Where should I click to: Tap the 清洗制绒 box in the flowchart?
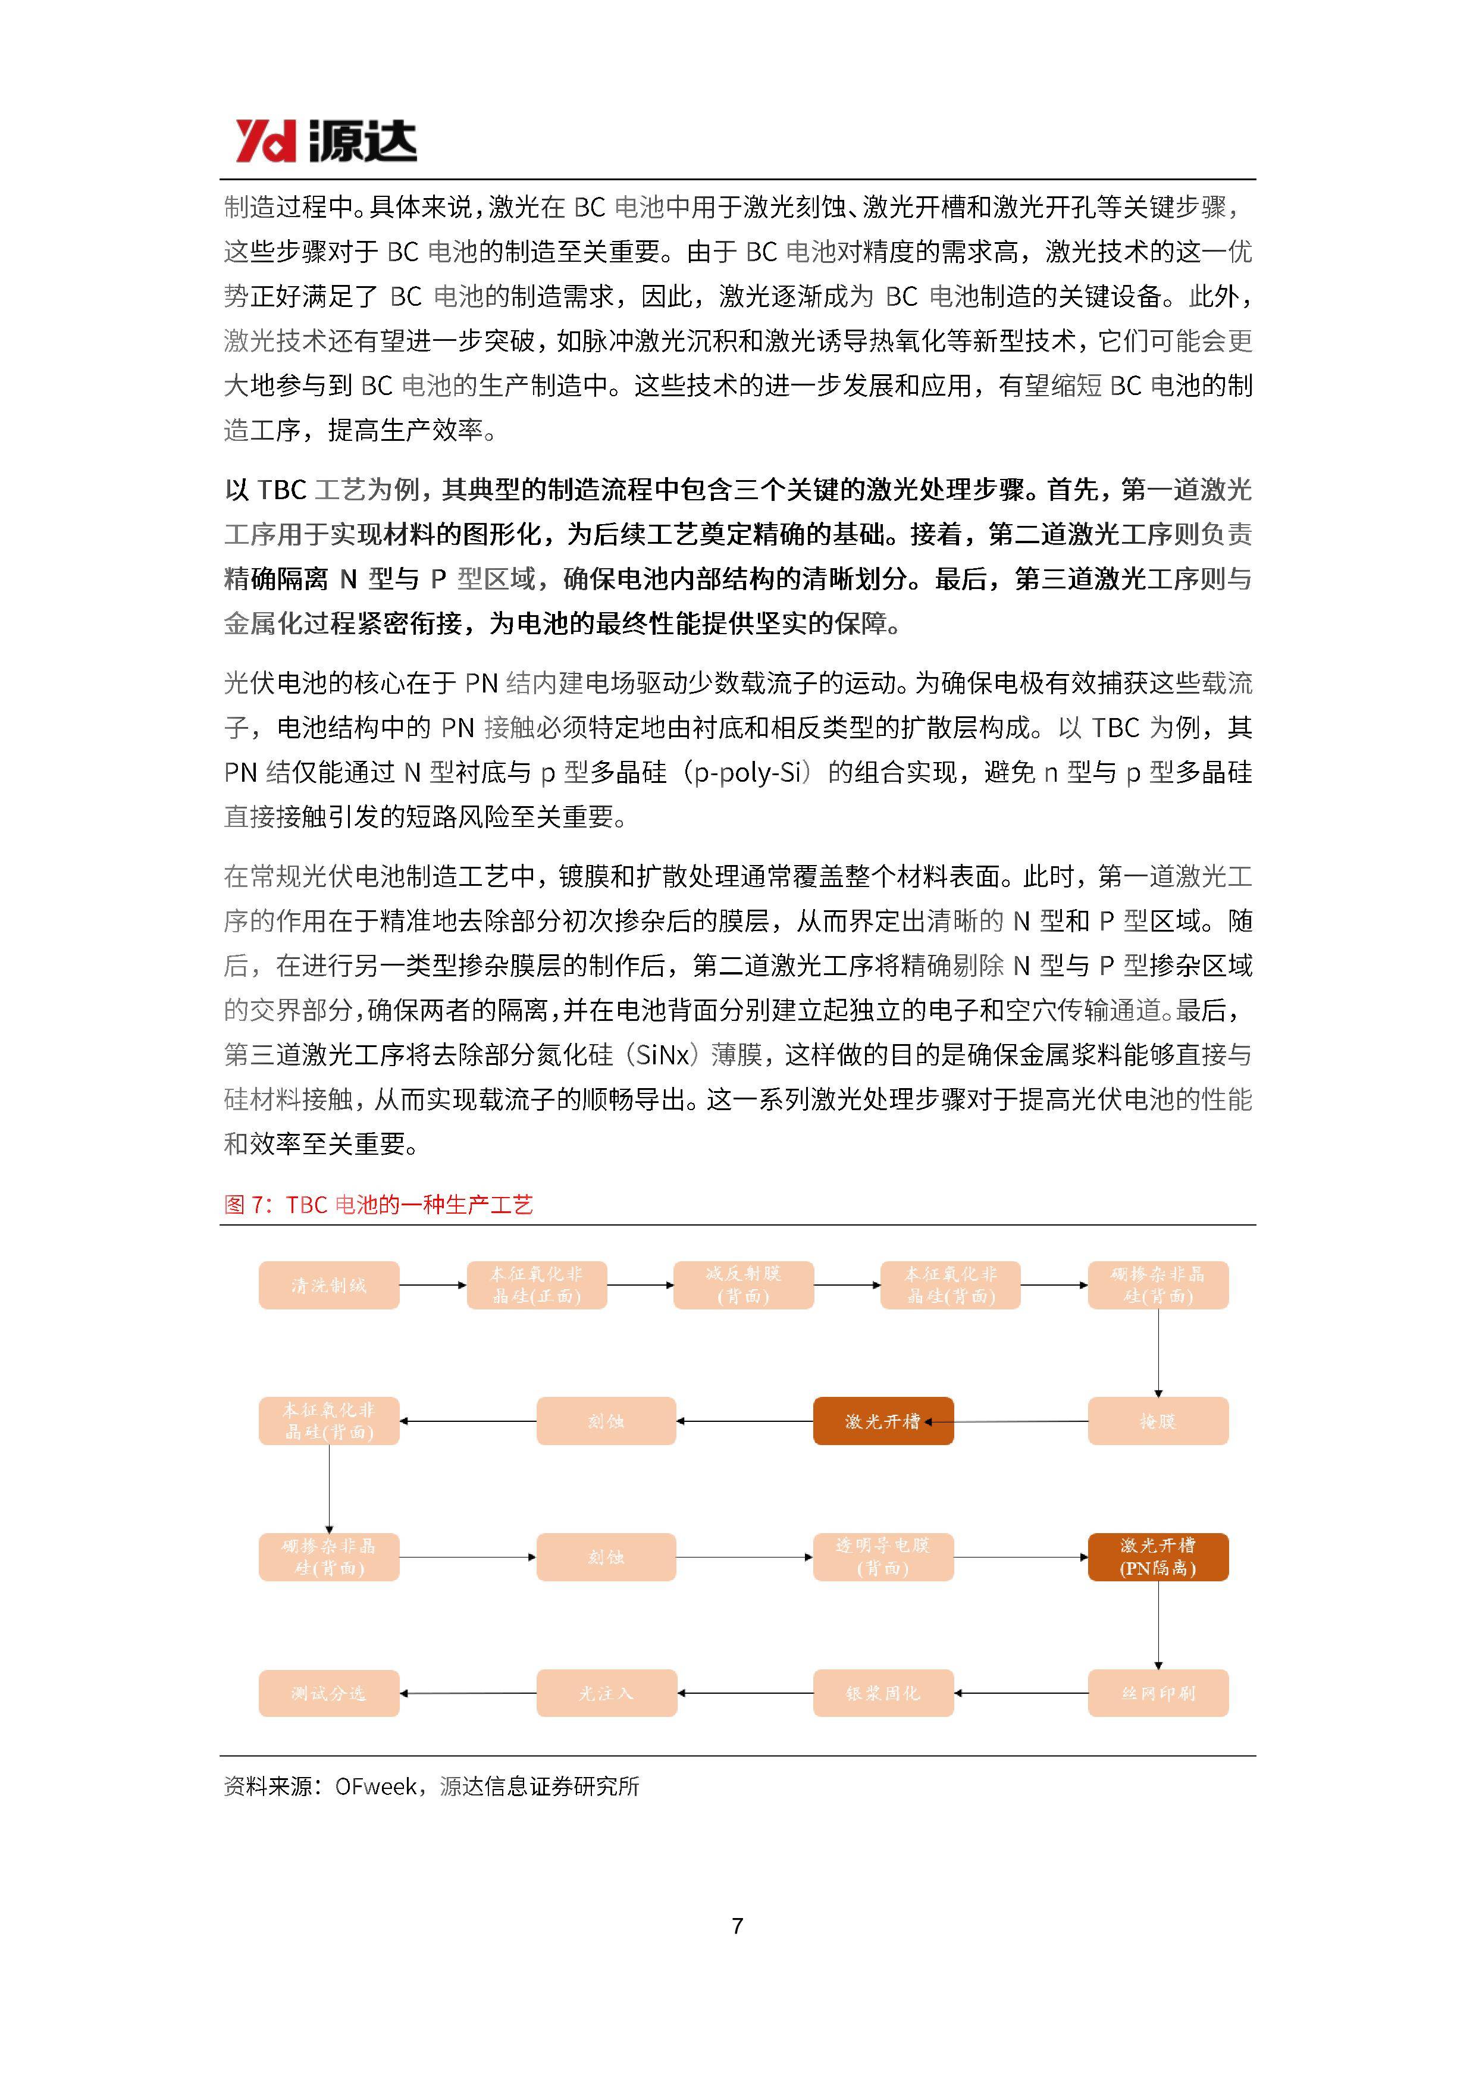point(328,1284)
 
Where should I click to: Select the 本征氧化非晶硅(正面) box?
point(536,1284)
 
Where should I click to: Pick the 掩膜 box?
point(1157,1421)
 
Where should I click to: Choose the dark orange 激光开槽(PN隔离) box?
point(1157,1556)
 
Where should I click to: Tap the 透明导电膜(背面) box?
point(882,1556)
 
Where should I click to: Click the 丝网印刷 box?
point(1157,1693)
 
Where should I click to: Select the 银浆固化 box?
point(882,1693)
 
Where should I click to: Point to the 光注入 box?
point(606,1693)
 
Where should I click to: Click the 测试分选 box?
point(328,1693)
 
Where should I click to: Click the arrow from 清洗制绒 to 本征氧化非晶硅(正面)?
point(433,1284)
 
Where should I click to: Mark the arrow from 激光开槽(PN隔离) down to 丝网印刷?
point(1158,1625)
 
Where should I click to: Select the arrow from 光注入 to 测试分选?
point(468,1693)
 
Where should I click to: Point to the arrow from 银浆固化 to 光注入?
point(745,1693)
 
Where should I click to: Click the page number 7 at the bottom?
point(737,1925)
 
